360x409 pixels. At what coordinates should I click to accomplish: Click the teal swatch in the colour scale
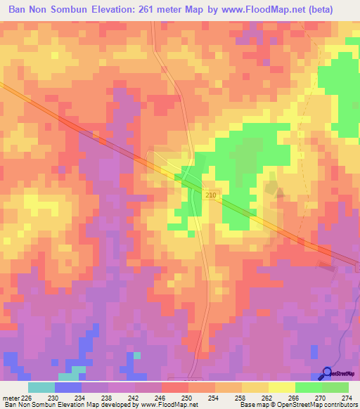[41, 387]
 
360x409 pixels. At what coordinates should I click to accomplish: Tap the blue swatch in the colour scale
[68, 387]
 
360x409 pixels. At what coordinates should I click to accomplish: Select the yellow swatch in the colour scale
[282, 387]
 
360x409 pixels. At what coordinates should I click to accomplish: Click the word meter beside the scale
[10, 397]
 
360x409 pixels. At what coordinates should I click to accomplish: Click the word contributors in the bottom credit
[339, 405]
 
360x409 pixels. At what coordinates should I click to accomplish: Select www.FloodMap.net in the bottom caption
[169, 405]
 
